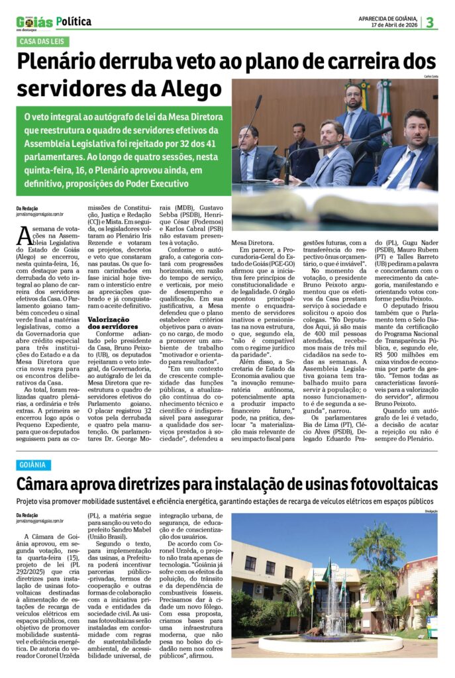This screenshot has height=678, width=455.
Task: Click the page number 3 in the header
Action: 430,22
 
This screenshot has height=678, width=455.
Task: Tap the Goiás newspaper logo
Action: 34,23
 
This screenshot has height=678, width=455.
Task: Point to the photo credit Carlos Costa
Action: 428,77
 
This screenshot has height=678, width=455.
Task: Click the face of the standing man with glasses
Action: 354,97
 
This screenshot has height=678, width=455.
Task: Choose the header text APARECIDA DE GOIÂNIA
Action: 387,18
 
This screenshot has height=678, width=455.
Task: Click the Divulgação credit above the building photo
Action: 430,510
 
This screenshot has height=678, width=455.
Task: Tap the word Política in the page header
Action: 75,22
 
